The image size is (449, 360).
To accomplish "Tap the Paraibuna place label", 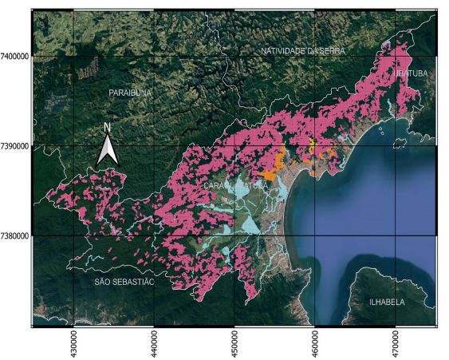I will coord(129,93).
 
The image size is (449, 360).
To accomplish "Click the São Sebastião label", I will coord(122,283).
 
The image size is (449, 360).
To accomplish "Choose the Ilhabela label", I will coord(386,303).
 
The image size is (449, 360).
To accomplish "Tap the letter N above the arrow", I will coord(108,128).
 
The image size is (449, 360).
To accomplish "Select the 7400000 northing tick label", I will coord(15,57).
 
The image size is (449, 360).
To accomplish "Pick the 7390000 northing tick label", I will coord(15,146).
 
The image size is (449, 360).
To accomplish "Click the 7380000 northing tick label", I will coord(15,235).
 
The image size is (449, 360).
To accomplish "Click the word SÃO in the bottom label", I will coord(99,283).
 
